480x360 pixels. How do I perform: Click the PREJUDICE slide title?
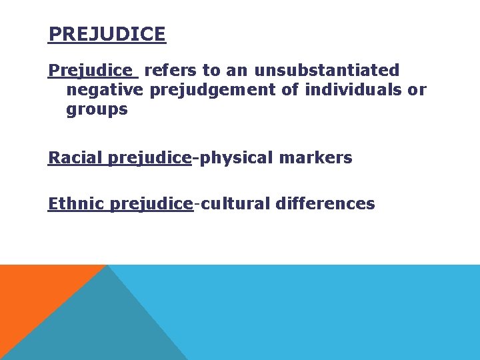[x=107, y=34]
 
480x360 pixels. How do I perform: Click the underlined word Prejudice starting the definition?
[x=90, y=70]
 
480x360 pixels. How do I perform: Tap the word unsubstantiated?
[x=327, y=70]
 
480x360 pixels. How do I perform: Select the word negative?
[x=105, y=89]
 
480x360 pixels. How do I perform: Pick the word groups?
[x=97, y=110]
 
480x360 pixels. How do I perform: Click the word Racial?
[x=75, y=158]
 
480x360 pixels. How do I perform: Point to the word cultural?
[x=233, y=203]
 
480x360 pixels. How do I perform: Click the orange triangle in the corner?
[x=33, y=293]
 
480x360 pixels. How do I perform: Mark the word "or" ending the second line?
[x=417, y=89]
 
